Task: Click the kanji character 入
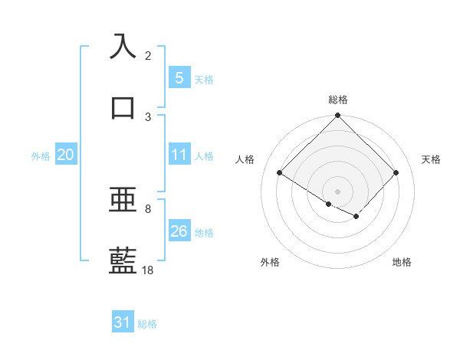(123, 46)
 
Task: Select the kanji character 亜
(123, 200)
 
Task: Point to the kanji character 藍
(123, 260)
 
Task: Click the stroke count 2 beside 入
(148, 56)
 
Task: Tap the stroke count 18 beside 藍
(148, 270)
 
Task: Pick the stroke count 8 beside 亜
(148, 208)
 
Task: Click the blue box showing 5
(179, 77)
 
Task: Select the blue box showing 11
(179, 155)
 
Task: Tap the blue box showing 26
(179, 231)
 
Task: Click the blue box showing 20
(66, 155)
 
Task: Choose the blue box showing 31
(123, 322)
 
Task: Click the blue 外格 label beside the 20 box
(41, 156)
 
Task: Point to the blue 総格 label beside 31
(147, 324)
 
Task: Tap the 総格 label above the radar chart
(338, 100)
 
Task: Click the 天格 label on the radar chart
(431, 159)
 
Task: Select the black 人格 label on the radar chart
(245, 159)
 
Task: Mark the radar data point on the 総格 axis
(338, 116)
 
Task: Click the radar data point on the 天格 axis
(396, 173)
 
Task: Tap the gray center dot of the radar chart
(338, 191)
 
